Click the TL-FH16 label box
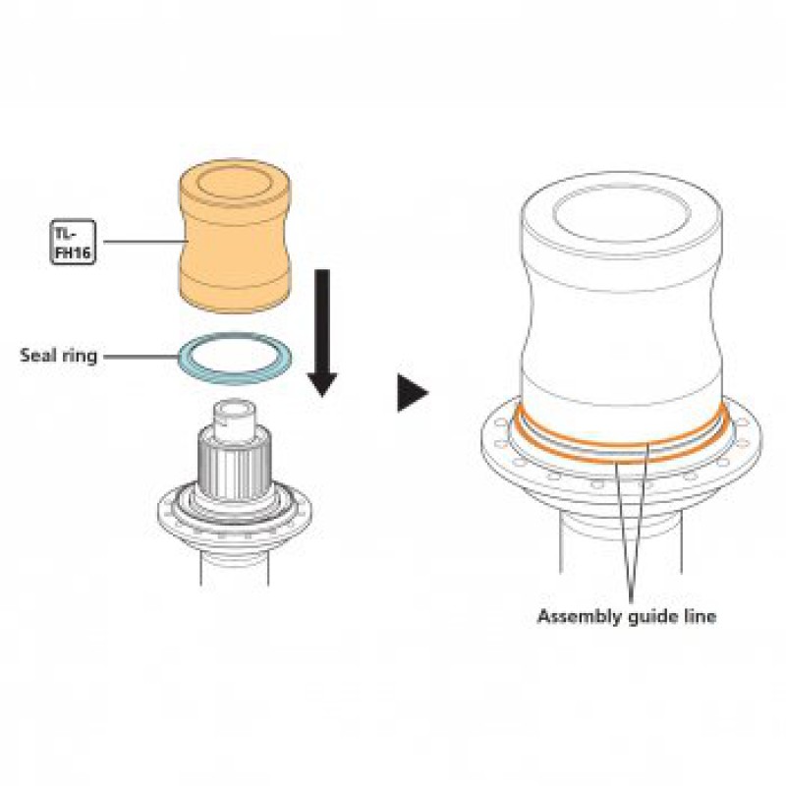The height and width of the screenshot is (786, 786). point(73,242)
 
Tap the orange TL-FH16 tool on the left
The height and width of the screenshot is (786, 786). point(235,236)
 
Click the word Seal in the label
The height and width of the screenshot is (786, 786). point(37,356)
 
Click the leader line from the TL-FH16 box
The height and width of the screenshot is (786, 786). point(141,242)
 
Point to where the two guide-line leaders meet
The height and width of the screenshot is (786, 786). point(631,600)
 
